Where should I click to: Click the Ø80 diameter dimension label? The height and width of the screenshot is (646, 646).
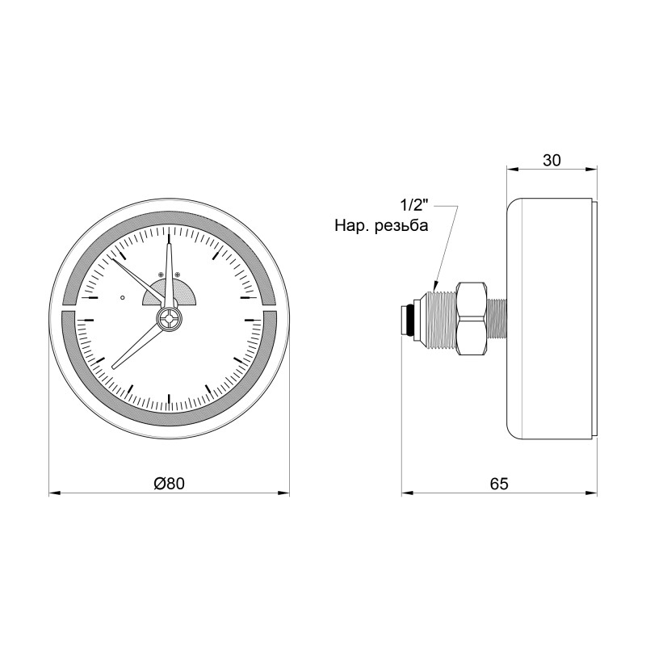click(170, 483)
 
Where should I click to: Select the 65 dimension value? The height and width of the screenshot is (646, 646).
click(499, 483)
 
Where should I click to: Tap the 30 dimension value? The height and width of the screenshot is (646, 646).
click(552, 160)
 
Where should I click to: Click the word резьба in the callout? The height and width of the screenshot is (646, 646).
click(401, 226)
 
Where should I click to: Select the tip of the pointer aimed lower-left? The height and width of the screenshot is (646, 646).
click(114, 368)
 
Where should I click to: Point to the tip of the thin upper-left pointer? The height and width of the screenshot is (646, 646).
click(111, 258)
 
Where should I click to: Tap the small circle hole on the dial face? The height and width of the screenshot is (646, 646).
click(123, 297)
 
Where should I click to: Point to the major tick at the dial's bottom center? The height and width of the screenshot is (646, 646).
click(170, 398)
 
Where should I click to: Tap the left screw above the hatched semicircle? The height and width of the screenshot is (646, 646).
click(161, 275)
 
